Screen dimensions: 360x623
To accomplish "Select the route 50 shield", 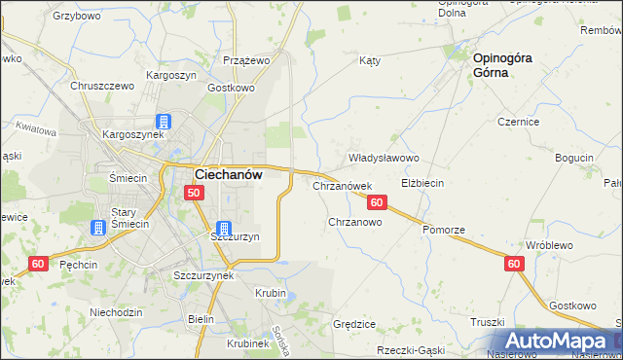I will (x=194, y=194).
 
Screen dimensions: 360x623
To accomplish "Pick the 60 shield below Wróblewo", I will (x=515, y=264).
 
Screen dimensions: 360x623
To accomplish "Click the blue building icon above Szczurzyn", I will (x=225, y=228).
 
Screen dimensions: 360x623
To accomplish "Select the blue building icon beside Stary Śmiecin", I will (x=98, y=228).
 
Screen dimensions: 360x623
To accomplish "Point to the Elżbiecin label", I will (x=422, y=183).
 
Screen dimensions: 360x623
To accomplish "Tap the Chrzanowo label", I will (x=354, y=222).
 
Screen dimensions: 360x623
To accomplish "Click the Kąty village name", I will (x=369, y=60).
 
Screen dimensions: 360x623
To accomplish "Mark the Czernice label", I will (x=519, y=122).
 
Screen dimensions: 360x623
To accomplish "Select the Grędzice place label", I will (x=354, y=324).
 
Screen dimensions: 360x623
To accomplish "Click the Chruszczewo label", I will (x=101, y=86).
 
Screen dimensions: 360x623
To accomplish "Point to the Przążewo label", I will (x=245, y=60).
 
